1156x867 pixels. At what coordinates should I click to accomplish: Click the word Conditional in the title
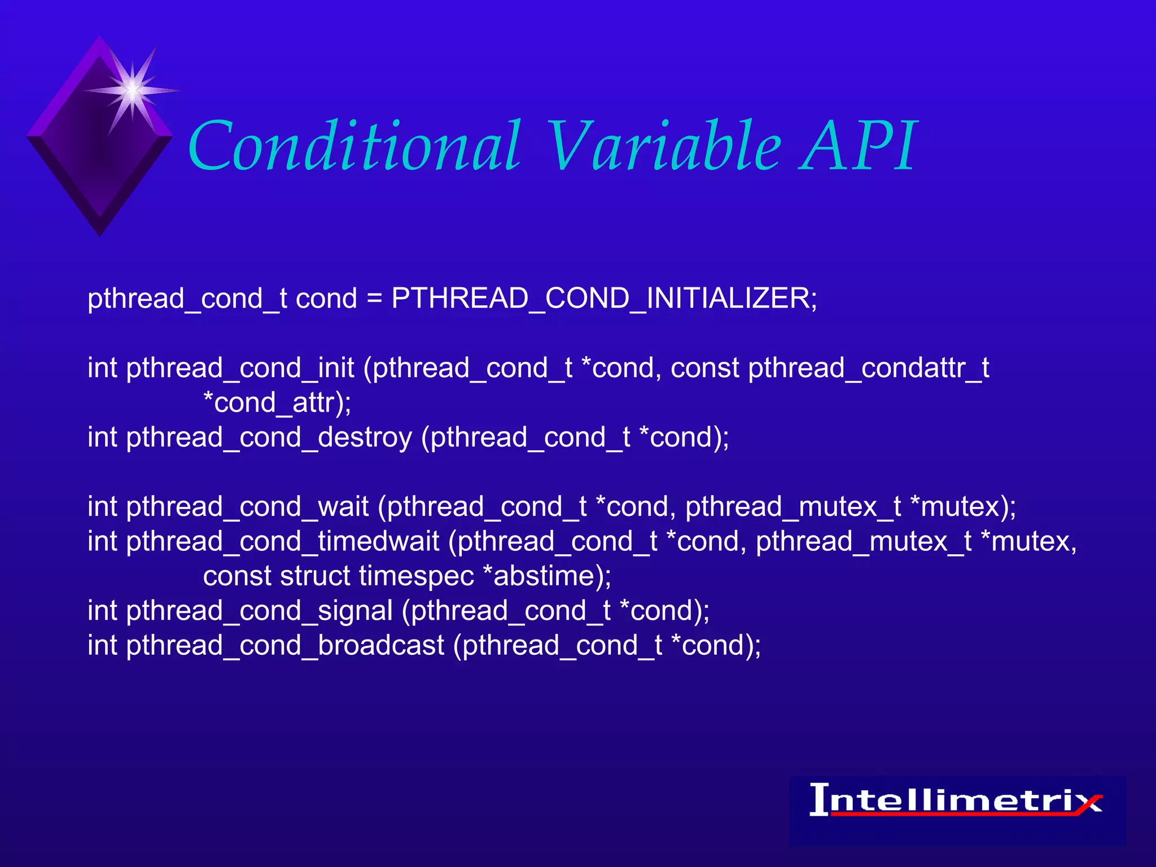[x=354, y=147]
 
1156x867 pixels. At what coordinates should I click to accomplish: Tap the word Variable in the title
[x=664, y=147]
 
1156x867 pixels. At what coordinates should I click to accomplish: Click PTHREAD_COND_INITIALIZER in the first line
[x=604, y=298]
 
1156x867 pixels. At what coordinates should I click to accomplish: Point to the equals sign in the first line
[x=374, y=299]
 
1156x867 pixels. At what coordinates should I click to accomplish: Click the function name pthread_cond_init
[x=240, y=369]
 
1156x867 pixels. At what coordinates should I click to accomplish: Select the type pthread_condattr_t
[x=868, y=369]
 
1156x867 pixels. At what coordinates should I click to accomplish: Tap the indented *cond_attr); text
[x=277, y=403]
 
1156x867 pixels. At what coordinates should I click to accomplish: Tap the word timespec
[x=416, y=576]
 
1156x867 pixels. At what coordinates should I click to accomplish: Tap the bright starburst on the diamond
[x=132, y=90]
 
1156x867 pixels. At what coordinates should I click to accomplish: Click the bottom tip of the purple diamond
[x=100, y=231]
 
